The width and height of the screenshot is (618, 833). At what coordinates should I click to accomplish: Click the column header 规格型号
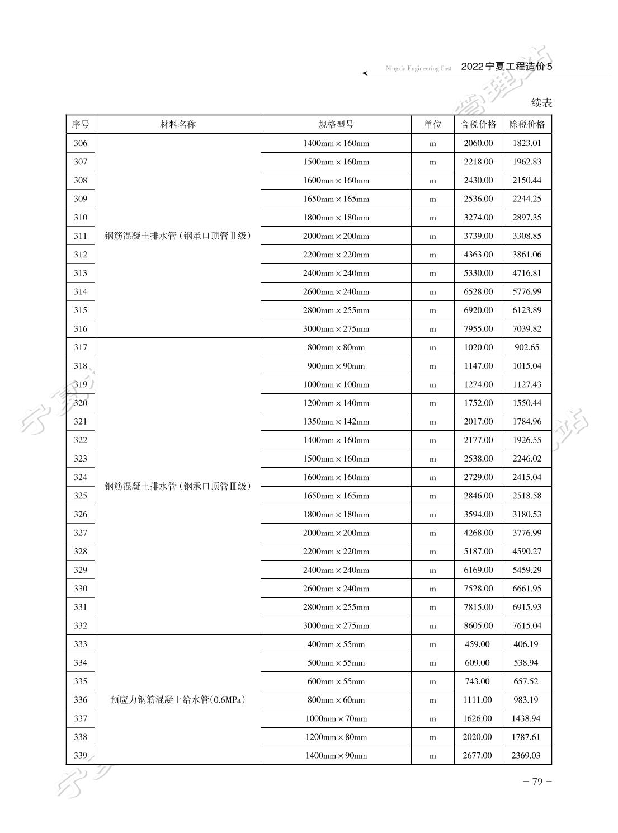[336, 125]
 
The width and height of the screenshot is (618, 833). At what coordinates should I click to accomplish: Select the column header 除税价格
[527, 125]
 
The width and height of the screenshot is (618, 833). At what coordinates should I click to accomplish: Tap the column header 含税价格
[478, 125]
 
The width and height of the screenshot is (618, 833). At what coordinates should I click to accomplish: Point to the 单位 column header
[432, 125]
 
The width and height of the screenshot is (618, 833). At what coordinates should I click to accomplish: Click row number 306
[81, 143]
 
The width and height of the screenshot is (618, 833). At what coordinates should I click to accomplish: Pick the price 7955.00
[478, 329]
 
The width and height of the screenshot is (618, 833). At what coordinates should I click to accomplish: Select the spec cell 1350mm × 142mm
[336, 422]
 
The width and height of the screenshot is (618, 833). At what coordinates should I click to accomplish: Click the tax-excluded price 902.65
[527, 347]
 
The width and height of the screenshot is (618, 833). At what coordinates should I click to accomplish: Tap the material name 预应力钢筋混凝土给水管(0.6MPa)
[178, 700]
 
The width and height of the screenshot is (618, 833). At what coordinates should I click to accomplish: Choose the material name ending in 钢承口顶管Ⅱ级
[178, 236]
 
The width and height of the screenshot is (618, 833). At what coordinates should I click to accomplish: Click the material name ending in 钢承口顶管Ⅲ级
[178, 486]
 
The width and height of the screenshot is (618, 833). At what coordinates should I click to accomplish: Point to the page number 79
[537, 782]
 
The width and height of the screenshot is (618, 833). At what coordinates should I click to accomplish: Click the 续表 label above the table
[541, 103]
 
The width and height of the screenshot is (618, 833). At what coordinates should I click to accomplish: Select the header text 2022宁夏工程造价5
[507, 67]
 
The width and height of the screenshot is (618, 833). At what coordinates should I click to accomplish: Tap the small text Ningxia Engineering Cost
[418, 69]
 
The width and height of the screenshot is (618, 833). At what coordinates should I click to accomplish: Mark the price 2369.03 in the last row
[527, 756]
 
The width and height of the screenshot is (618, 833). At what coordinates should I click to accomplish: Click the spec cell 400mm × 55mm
[336, 644]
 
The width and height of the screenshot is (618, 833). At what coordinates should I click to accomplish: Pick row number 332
[81, 626]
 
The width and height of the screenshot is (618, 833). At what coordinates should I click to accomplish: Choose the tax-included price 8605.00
[478, 626]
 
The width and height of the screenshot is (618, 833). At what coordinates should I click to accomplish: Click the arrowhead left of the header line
[365, 73]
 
